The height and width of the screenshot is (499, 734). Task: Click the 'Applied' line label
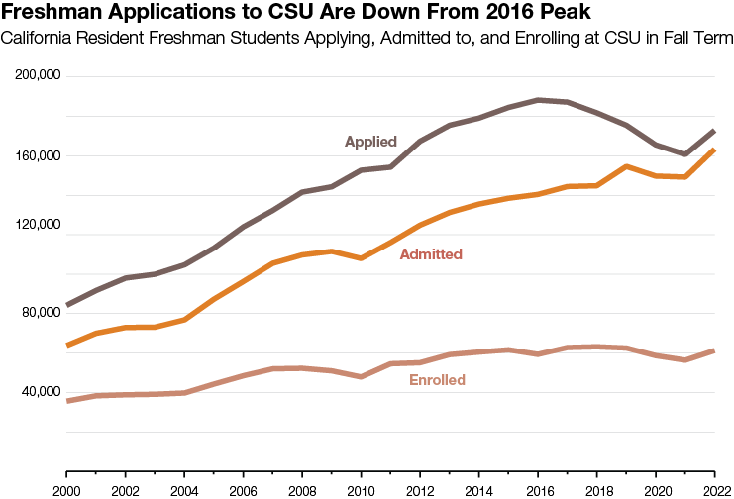[370, 142]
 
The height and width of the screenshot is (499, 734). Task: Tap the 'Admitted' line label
[431, 254]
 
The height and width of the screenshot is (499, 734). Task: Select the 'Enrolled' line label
[437, 380]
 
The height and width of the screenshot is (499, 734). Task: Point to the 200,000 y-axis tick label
[39, 76]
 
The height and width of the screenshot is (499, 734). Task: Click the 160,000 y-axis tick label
[39, 155]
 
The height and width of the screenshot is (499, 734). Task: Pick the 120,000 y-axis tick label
[39, 235]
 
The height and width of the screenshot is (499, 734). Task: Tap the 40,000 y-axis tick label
[41, 392]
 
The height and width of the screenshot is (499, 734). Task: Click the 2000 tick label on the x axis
[66, 490]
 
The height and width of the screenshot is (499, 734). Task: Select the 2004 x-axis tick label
[183, 490]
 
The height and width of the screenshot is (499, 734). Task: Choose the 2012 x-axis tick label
[419, 490]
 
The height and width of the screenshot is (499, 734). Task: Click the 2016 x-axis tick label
[537, 490]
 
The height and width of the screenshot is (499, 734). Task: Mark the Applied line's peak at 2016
[537, 100]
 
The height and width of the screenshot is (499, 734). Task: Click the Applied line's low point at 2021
[685, 154]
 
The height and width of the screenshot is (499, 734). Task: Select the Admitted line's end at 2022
[714, 150]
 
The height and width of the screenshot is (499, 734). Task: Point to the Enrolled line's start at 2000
[66, 401]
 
